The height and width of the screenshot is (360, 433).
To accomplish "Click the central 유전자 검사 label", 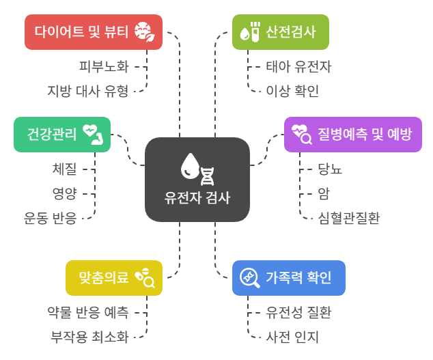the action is tap(197, 198).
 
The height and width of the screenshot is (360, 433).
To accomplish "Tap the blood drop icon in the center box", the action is tap(190, 166).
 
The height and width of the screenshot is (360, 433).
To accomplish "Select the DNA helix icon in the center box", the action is tap(207, 176).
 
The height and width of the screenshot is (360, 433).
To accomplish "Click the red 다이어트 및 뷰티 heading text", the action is tap(81, 31).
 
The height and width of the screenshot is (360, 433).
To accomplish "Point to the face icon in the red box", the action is tap(144, 32).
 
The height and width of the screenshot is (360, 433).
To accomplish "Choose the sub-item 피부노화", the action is tap(104, 66).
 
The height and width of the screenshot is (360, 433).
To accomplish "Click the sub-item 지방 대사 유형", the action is tap(88, 91).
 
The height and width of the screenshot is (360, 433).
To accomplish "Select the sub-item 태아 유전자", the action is tap(298, 66).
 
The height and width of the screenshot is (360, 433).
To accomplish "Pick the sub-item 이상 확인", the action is tap(292, 91).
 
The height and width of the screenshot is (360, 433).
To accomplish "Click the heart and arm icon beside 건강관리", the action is tap(94, 135).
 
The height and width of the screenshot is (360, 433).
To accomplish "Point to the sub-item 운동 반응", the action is tap(51, 218).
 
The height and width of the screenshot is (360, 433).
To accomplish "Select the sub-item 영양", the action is tap(65, 193).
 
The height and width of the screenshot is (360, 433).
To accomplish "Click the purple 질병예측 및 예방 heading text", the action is tap(365, 135).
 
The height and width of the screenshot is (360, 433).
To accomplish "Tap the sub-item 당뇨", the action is tap(330, 169).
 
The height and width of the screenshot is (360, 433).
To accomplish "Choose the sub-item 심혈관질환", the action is tap(349, 218).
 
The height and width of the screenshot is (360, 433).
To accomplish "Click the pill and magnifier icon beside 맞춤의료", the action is tap(145, 278).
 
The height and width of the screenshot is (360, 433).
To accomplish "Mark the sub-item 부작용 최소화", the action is tap(89, 337).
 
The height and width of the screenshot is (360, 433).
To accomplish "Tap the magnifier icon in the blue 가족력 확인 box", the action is tap(250, 277).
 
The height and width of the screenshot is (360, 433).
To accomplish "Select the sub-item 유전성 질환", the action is tap(298, 312).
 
